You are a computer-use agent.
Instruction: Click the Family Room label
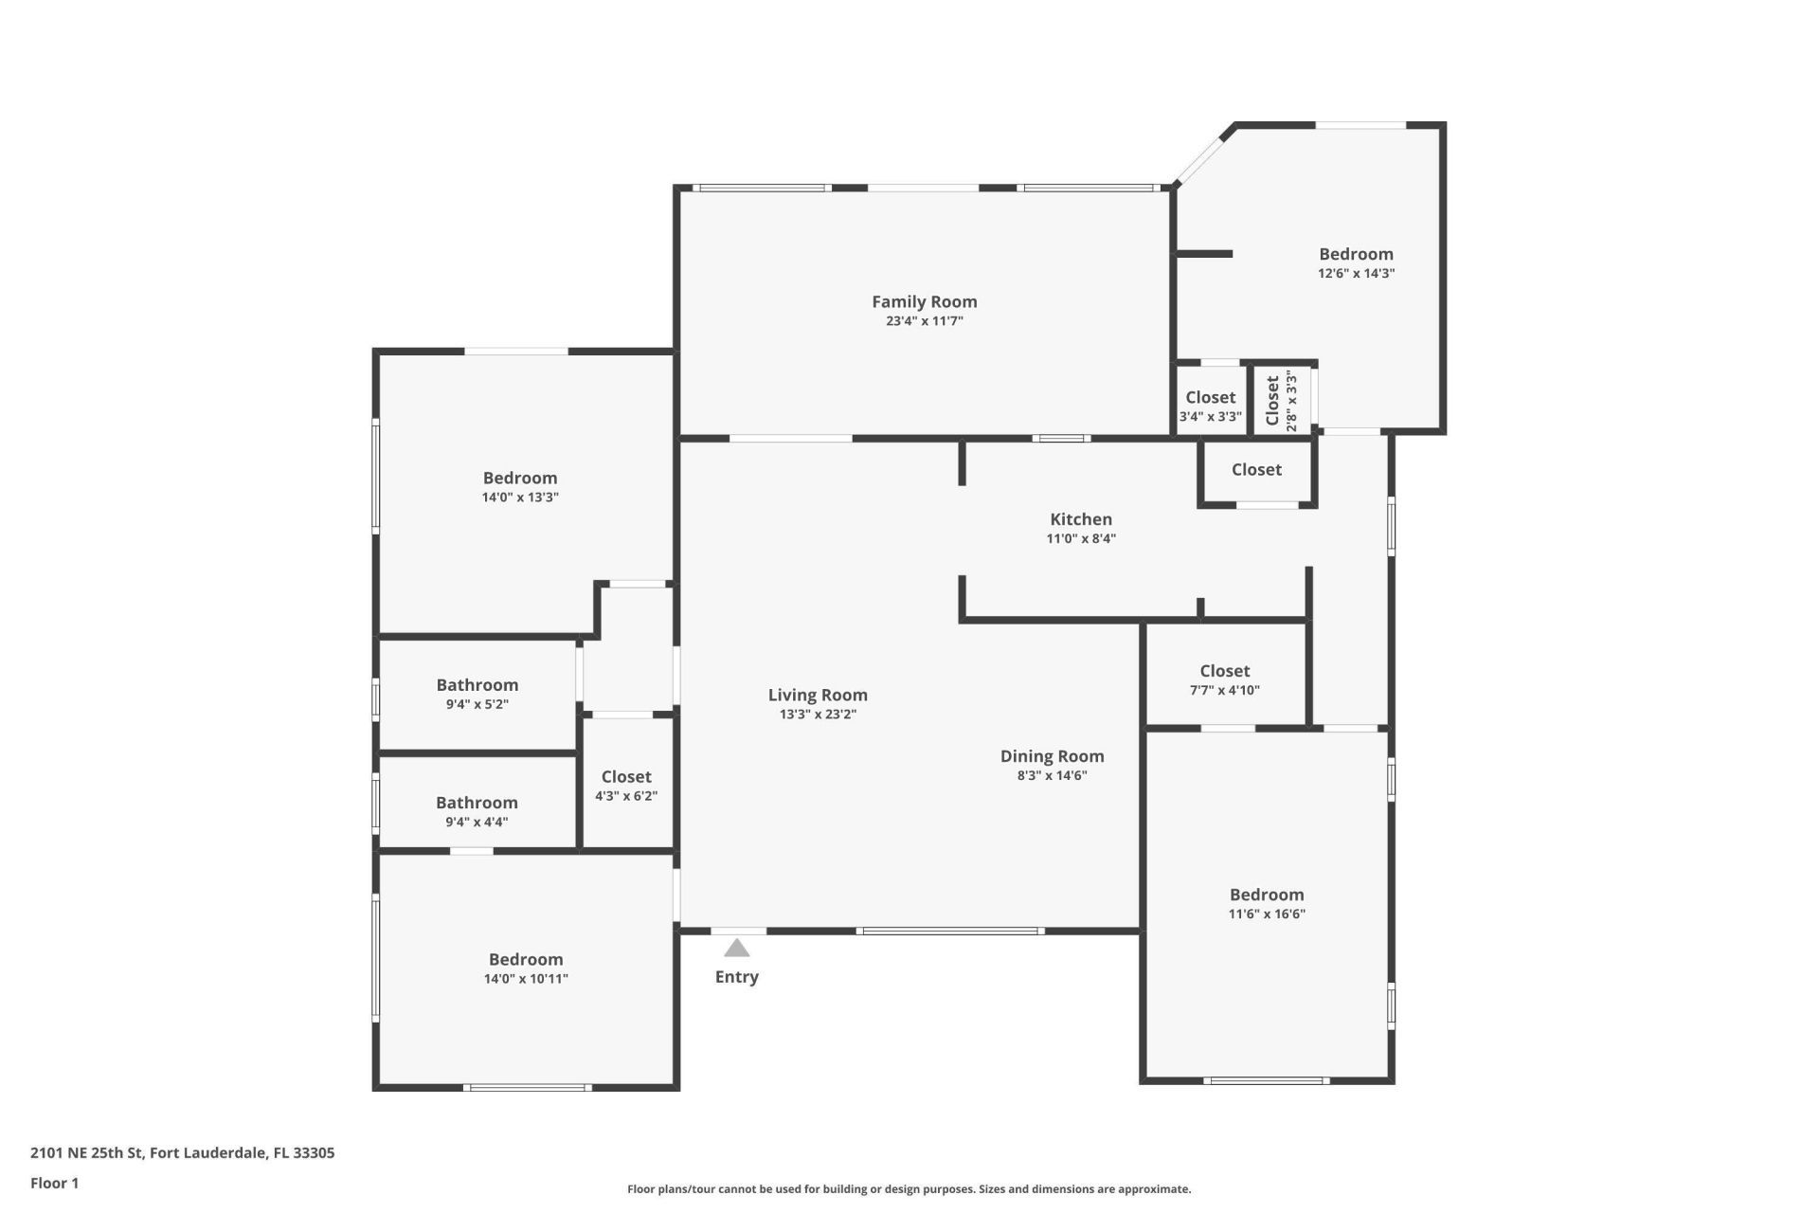(x=924, y=301)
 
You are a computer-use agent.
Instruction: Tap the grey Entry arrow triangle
(x=736, y=949)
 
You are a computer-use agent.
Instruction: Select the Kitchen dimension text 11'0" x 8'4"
(x=1080, y=538)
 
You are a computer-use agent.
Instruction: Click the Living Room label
(x=818, y=695)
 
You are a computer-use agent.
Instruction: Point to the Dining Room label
(x=1052, y=756)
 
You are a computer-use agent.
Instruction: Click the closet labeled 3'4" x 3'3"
(x=1210, y=406)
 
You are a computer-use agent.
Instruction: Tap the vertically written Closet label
(x=1272, y=400)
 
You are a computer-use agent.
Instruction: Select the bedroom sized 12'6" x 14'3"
(x=1356, y=263)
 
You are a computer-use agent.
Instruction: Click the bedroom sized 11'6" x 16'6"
(x=1267, y=903)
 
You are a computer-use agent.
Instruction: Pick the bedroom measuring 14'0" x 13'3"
(x=520, y=486)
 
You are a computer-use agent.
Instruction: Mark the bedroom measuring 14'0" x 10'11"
(x=526, y=968)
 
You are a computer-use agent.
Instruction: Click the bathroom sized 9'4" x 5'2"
(x=477, y=694)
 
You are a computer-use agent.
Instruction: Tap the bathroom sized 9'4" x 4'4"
(x=477, y=811)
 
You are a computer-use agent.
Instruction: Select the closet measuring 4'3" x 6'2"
(x=625, y=786)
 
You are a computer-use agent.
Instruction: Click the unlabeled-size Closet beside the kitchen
(x=1256, y=470)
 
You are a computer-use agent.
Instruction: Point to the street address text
(x=182, y=1153)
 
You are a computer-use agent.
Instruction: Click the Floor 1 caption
(x=54, y=1183)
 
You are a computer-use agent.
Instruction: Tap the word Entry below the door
(x=736, y=977)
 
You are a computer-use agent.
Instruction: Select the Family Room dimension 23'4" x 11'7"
(x=924, y=321)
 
